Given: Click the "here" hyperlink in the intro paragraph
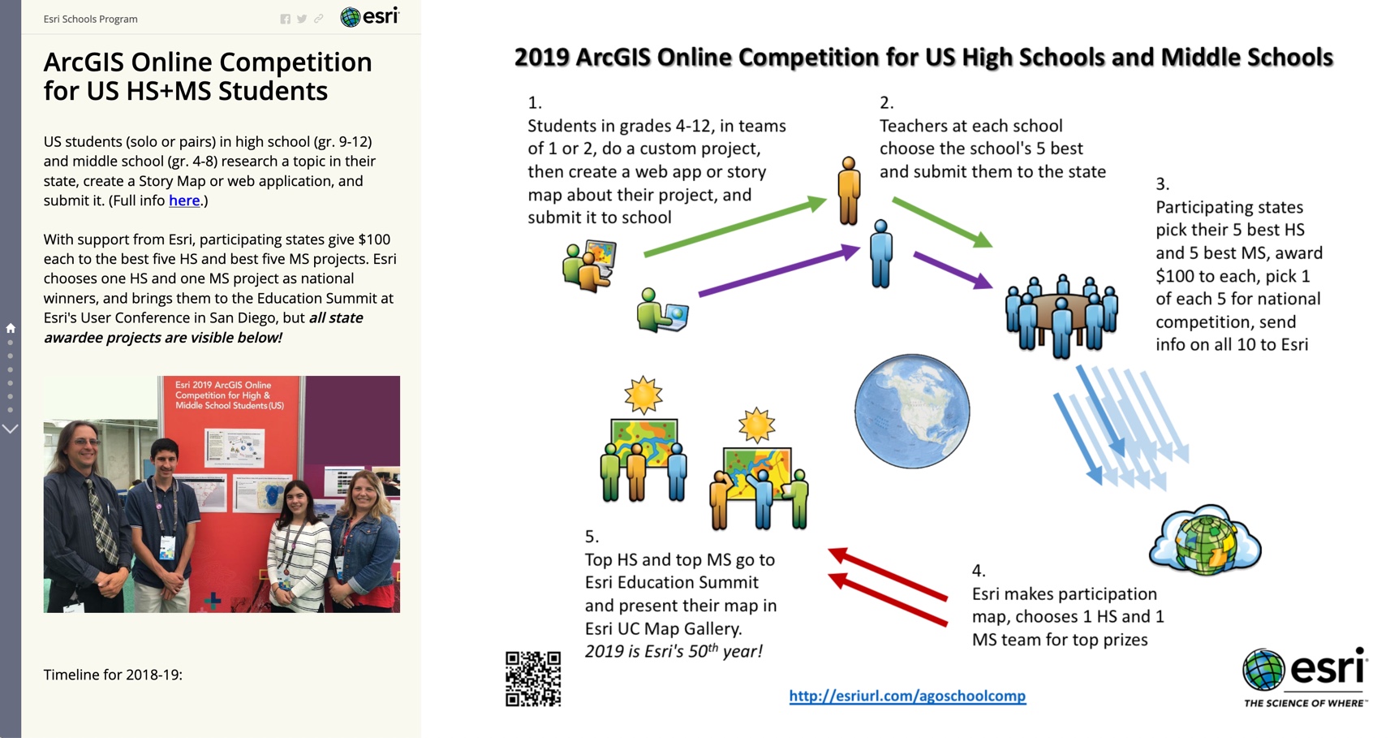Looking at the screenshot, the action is tap(184, 201).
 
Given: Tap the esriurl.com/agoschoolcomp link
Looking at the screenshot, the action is tap(907, 696).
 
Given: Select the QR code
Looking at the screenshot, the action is tap(533, 679).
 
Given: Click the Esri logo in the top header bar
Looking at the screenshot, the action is tap(369, 17).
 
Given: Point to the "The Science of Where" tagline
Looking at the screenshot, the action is tap(1304, 702).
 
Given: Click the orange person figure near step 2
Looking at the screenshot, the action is tap(849, 191).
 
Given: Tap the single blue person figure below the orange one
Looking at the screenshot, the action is tap(881, 254).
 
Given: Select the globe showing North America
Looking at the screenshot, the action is tap(911, 411).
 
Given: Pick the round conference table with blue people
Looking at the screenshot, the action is tap(1061, 315).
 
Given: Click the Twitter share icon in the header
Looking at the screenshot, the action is tap(302, 19).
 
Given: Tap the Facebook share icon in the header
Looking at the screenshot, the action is tap(286, 19).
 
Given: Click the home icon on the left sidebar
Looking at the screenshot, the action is tap(11, 328).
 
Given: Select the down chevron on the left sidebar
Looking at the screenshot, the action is tap(11, 429).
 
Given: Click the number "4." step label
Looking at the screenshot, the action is tap(979, 571).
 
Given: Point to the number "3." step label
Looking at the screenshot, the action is tap(1162, 184).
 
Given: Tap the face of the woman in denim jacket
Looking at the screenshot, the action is tap(364, 497).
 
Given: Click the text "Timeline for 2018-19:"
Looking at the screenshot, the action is tap(113, 675).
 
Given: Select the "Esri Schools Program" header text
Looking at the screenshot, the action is tap(91, 19).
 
